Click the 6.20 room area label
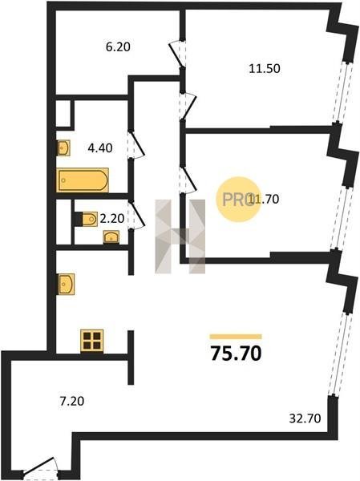[x=118, y=47]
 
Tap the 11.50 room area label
[x=265, y=68]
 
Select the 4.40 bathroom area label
[x=100, y=148]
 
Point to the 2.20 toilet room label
[x=112, y=218]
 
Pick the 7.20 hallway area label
[x=72, y=402]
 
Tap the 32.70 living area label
[x=305, y=418]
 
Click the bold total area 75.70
[x=236, y=353]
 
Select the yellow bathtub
[x=83, y=180]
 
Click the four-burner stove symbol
[x=91, y=341]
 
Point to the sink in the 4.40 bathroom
[x=63, y=148]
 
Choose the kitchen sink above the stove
[x=66, y=284]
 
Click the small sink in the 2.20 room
[x=111, y=237]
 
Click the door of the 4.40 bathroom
[x=136, y=145]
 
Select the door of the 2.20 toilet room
[x=136, y=215]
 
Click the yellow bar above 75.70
[x=236, y=337]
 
